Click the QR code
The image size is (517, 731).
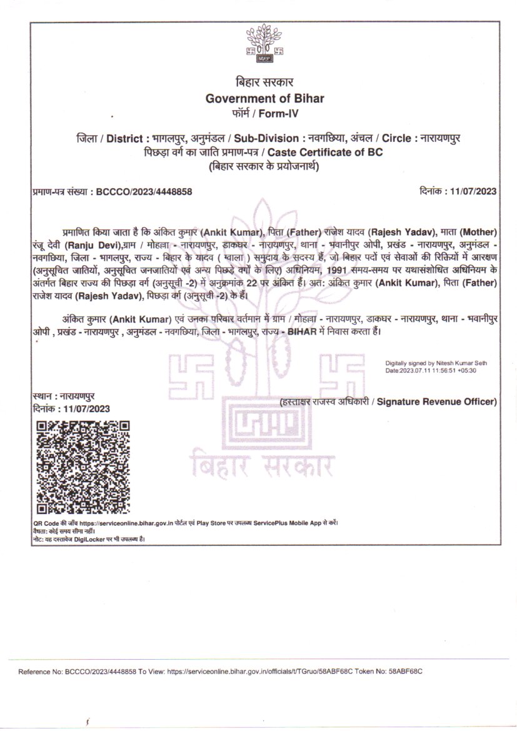coord(82,466)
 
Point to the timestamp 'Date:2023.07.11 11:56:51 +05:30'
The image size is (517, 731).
coord(431,370)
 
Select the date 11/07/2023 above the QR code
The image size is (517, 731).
coord(83,409)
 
